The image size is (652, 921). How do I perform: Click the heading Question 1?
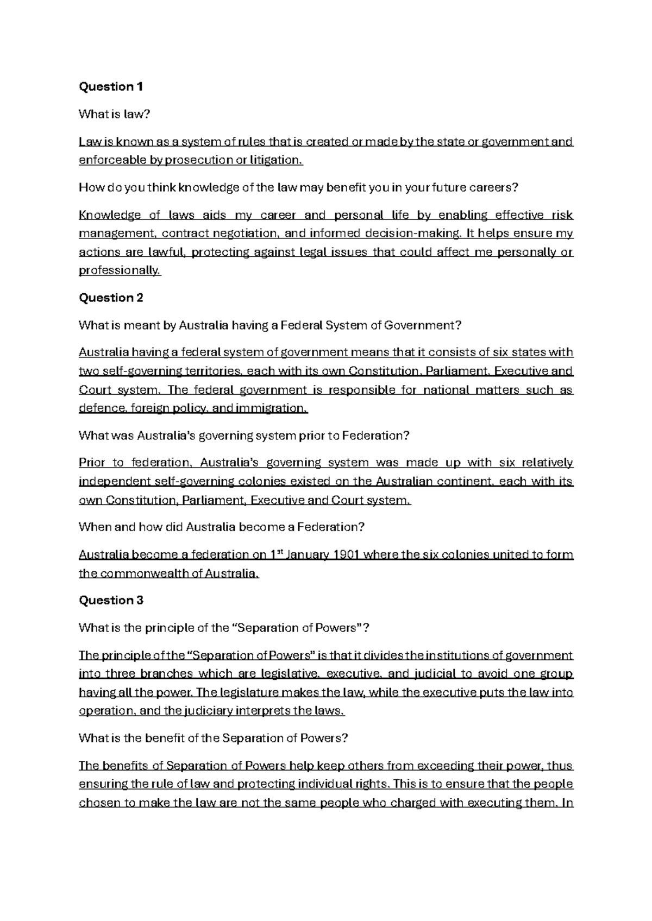[111, 86]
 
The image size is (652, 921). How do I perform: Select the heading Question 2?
[111, 298]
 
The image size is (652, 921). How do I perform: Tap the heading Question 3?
[111, 600]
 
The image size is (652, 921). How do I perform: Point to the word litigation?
[275, 160]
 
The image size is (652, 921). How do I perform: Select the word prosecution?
[197, 160]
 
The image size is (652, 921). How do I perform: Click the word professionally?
[120, 270]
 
